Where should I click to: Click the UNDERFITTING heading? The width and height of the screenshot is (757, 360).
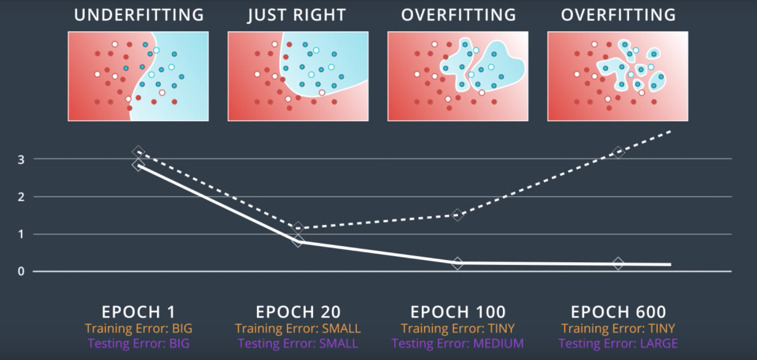tap(139, 15)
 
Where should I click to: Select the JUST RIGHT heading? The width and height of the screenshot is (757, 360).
tap(297, 15)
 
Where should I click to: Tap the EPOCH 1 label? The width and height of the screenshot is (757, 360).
tap(138, 311)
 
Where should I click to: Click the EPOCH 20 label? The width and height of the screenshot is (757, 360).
tap(298, 311)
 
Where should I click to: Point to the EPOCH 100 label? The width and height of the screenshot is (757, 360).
tap(458, 311)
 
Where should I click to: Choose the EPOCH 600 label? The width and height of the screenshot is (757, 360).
tap(618, 311)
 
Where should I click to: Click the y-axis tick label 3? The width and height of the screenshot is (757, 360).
tap(21, 160)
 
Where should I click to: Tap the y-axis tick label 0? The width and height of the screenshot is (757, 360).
tap(21, 271)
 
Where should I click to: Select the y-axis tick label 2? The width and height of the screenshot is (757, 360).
tap(21, 197)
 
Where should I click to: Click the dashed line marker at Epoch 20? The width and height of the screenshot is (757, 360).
tap(298, 228)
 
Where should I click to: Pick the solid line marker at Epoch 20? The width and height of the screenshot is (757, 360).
tap(298, 241)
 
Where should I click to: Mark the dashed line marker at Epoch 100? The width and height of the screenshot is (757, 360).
tap(458, 215)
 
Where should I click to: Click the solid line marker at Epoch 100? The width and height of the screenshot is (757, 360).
tap(458, 263)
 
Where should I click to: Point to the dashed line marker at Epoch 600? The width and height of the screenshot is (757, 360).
tap(618, 152)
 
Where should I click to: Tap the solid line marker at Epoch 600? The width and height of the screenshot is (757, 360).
tap(618, 264)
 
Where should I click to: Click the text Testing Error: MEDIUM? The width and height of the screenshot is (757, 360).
tap(458, 344)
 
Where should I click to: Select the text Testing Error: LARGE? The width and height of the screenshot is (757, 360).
tap(618, 344)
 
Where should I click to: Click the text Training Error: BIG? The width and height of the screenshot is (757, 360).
tap(138, 329)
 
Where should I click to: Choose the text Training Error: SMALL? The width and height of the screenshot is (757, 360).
tap(298, 329)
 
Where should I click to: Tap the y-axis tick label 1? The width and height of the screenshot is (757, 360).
tap(21, 234)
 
